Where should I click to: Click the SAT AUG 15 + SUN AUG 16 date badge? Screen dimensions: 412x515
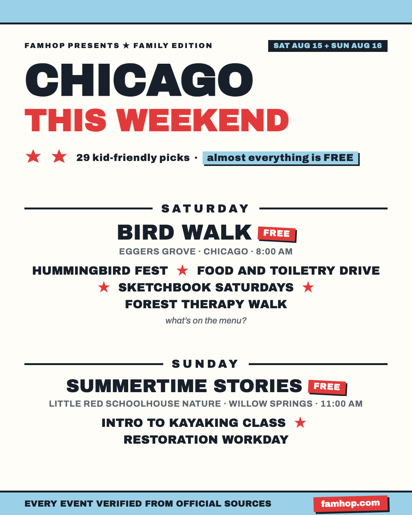[x=327, y=46]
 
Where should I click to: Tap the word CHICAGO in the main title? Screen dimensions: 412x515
[x=139, y=80]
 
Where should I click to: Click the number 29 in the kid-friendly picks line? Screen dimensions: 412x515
[x=83, y=158]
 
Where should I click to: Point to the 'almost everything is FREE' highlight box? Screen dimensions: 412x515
[x=280, y=158]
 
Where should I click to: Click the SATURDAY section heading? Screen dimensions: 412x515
[x=206, y=209]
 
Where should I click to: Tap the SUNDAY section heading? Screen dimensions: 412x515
[x=206, y=364]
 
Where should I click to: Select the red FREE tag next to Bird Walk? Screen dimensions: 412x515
[x=277, y=233]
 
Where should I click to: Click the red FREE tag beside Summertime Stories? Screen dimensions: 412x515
[x=327, y=387]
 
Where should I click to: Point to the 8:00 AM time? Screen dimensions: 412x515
[x=274, y=251]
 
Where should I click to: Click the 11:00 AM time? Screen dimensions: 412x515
[x=342, y=404]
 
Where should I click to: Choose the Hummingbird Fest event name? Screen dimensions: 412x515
[x=100, y=271]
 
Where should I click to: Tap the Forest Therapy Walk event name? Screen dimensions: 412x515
[x=206, y=304]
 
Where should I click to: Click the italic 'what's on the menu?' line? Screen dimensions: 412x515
[x=206, y=321]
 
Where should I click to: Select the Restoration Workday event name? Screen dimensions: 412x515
[x=206, y=439]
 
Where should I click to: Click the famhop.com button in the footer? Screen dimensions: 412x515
[x=351, y=504]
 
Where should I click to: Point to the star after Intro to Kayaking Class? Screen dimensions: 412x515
[x=300, y=422]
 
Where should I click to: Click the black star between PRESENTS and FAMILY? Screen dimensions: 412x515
[x=126, y=45]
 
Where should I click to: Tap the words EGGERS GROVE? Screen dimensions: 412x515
[x=157, y=251]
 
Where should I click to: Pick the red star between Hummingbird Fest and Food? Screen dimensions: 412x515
[x=182, y=270]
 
